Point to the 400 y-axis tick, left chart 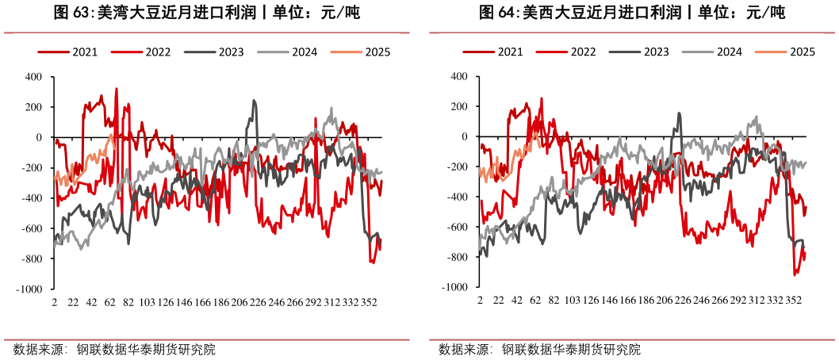pos(33,77)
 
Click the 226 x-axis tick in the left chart pos(258,303)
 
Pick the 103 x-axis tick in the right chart pos(571,302)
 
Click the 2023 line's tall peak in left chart pos(254,101)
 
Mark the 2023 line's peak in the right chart pos(679,113)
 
